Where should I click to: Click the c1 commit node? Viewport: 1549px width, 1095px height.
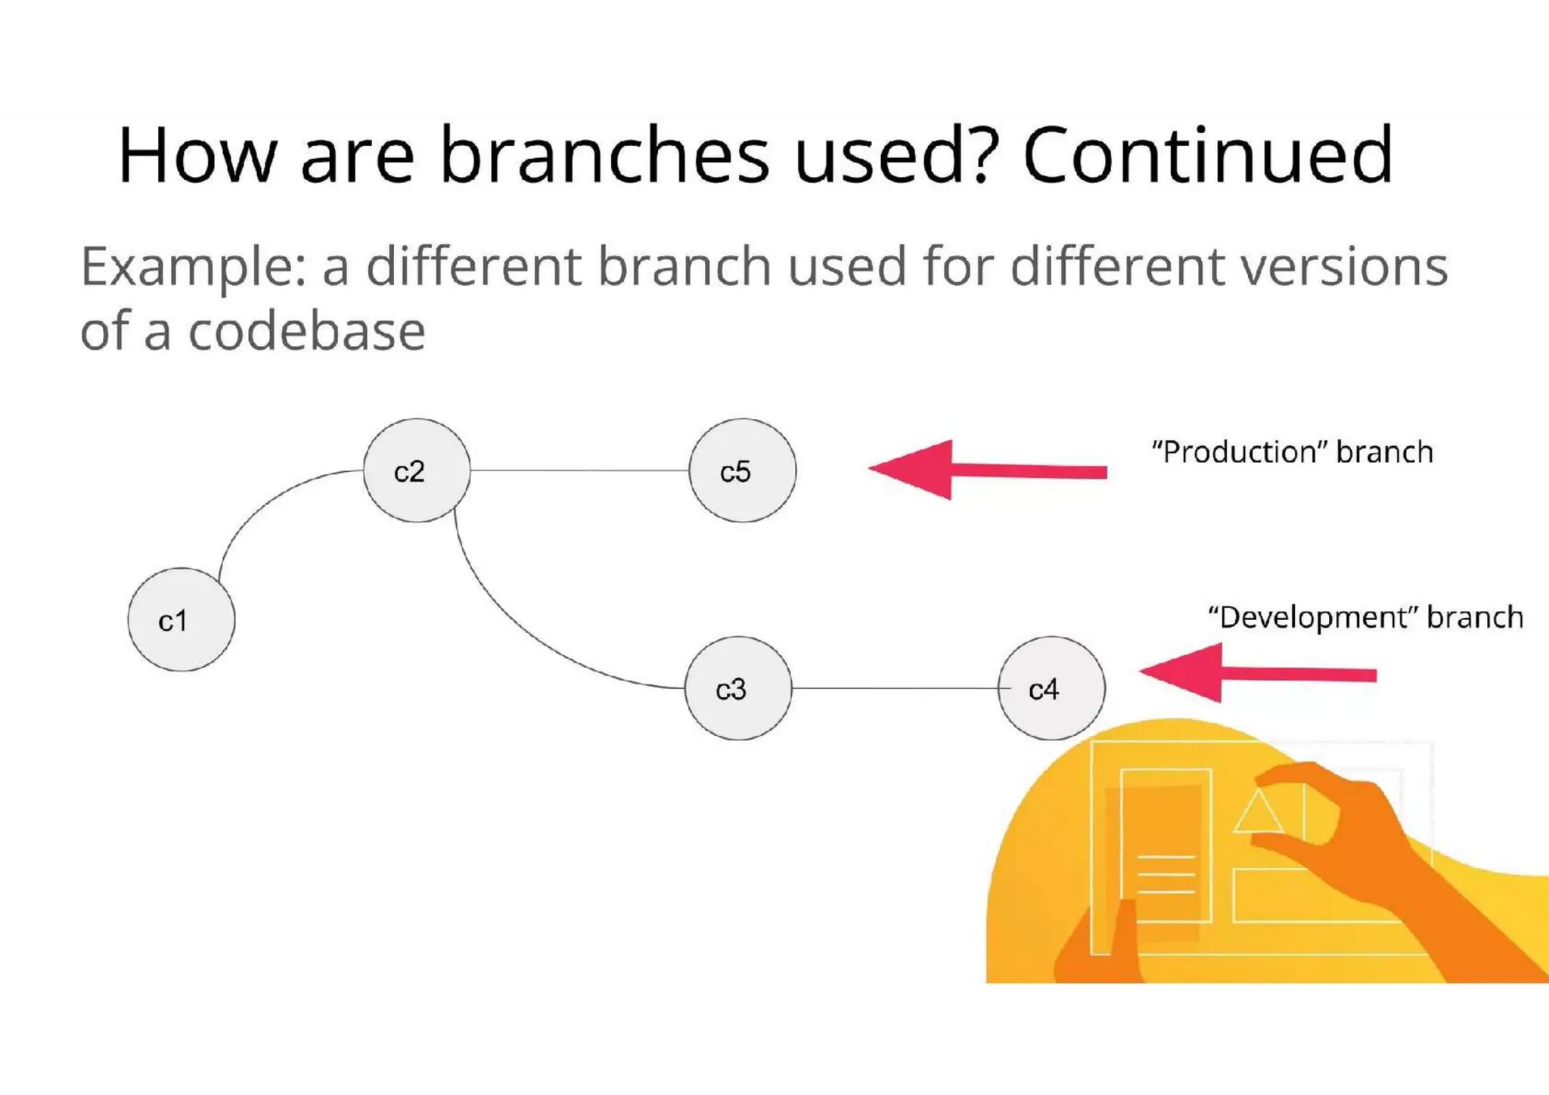pos(181,620)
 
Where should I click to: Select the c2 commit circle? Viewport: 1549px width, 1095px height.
pos(416,470)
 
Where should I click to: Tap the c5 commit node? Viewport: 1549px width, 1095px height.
pos(742,470)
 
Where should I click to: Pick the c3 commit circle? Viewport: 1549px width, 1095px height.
pos(737,688)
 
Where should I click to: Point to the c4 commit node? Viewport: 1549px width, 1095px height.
pos(1051,688)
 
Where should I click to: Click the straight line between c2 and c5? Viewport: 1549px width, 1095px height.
pos(579,470)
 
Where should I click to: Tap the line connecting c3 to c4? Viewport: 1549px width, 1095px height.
pos(894,688)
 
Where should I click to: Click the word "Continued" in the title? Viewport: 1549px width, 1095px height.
pos(1207,155)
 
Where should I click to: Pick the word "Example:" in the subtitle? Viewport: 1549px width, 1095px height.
pos(194,268)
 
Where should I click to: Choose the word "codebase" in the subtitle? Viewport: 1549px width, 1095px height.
pos(306,331)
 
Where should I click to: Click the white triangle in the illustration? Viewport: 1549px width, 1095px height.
pos(1258,813)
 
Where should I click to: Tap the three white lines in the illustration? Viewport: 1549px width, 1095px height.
pos(1166,875)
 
